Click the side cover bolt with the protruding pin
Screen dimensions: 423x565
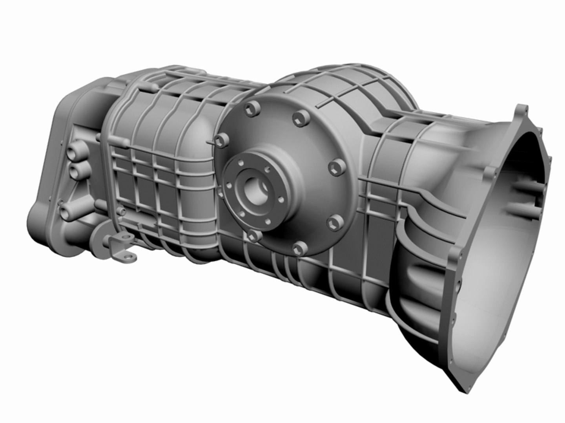click(221, 140)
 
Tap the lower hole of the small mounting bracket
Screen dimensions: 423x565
click(128, 257)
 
